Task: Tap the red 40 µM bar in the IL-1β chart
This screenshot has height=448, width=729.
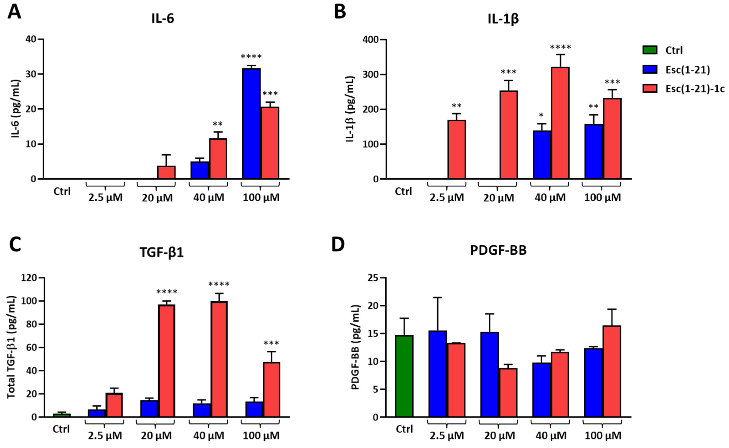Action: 560,123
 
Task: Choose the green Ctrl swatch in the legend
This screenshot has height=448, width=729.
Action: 650,50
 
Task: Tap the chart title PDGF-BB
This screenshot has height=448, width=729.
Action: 498,250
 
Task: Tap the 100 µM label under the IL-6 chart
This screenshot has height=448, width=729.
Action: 261,197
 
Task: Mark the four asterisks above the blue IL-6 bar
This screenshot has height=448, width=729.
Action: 251,56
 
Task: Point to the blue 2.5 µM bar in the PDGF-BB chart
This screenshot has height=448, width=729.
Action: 437,374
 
